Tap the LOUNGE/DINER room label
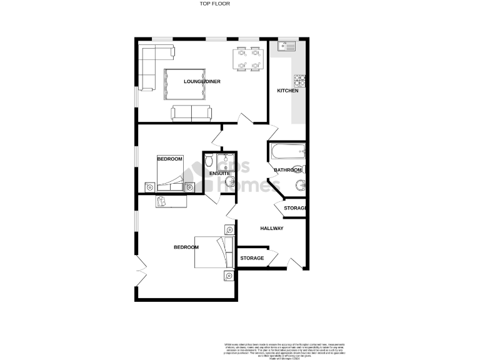click(x=202, y=82)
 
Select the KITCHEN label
click(x=287, y=91)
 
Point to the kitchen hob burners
click(x=299, y=79)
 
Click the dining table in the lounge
click(x=246, y=59)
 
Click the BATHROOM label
click(x=287, y=170)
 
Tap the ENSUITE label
click(x=219, y=173)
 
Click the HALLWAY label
click(x=272, y=228)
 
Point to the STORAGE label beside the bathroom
click(x=294, y=208)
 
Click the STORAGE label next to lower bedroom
click(x=251, y=257)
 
